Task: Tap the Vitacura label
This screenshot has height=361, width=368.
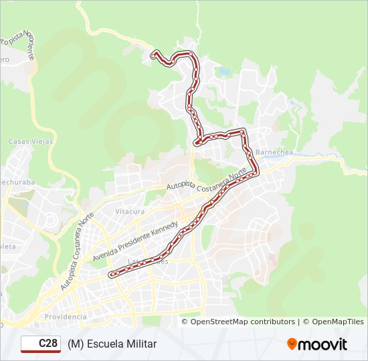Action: (130, 211)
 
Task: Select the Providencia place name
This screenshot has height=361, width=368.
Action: (65, 316)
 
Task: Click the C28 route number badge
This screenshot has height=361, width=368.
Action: (41, 343)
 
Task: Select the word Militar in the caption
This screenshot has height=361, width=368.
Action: (144, 344)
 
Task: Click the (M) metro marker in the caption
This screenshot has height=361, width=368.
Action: (74, 344)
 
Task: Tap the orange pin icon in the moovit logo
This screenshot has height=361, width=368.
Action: (292, 344)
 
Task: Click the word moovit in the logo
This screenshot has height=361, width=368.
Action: (323, 344)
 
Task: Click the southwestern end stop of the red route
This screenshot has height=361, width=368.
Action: (111, 273)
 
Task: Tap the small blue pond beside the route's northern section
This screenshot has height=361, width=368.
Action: (224, 70)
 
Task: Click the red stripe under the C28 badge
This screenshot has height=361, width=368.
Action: (41, 351)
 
